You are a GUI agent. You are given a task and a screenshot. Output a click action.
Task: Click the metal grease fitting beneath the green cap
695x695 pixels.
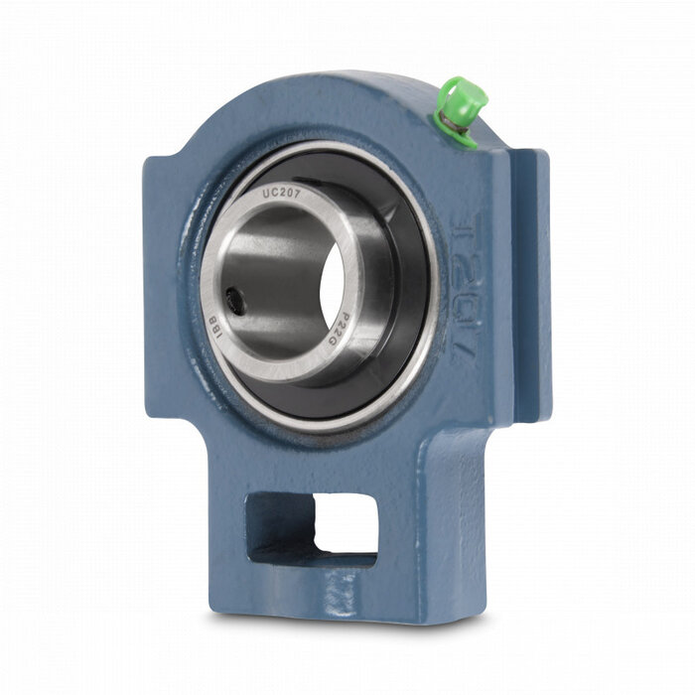coord(450,123)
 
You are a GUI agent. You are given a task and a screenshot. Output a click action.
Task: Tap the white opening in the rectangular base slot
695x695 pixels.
coord(345,523)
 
